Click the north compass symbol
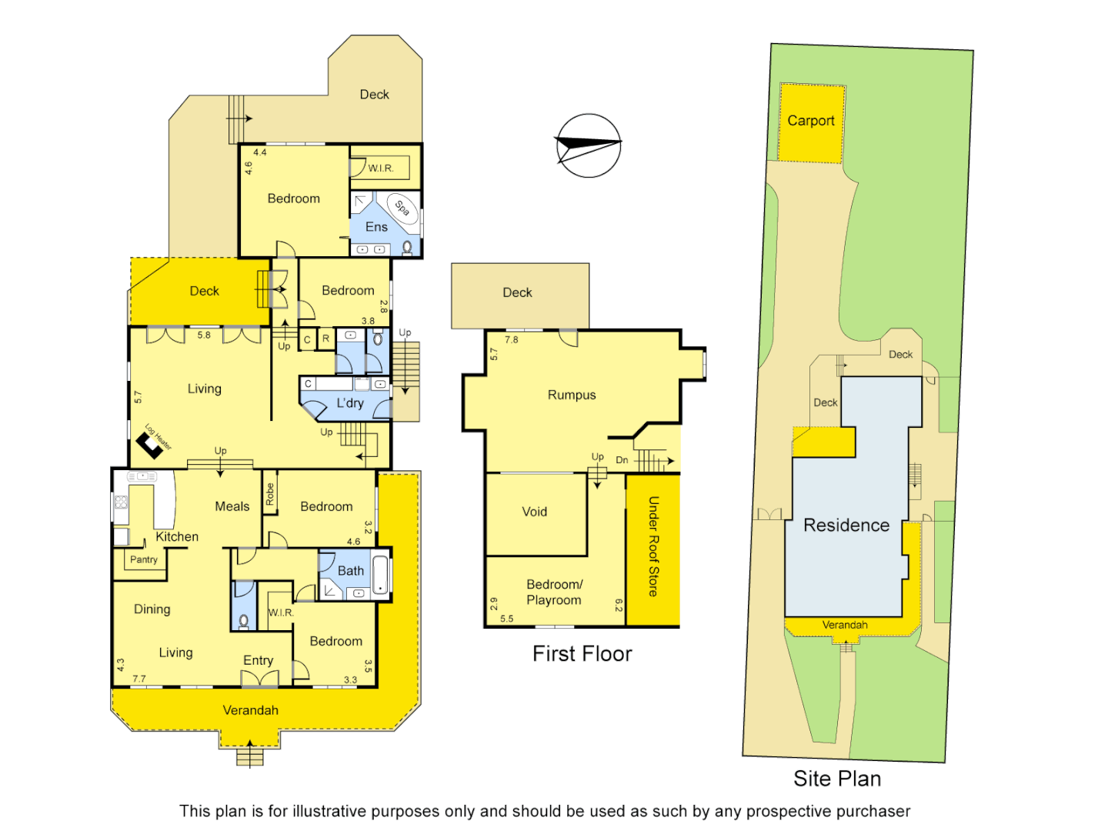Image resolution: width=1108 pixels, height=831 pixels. click(x=589, y=145)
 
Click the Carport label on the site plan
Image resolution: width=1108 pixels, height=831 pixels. click(x=810, y=121)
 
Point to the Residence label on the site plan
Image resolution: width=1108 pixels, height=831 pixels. click(x=846, y=526)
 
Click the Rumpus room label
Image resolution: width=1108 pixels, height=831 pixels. click(x=572, y=395)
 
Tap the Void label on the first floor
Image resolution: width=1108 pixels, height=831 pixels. click(x=535, y=512)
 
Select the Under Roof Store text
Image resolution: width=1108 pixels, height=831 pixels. click(x=653, y=546)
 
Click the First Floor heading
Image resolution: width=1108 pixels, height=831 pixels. click(x=582, y=654)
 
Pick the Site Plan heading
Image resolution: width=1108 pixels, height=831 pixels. click(x=837, y=779)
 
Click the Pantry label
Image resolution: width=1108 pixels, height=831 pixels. click(x=144, y=559)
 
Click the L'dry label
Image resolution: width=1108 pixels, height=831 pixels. click(x=350, y=403)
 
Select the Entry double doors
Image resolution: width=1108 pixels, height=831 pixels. click(x=259, y=679)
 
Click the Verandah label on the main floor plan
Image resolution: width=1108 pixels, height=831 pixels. click(x=251, y=710)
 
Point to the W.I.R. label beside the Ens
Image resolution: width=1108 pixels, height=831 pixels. click(x=380, y=168)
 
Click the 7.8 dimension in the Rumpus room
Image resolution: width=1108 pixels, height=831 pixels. click(x=512, y=339)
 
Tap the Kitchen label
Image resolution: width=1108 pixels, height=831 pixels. click(x=177, y=537)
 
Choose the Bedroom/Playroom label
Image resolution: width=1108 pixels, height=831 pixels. click(x=554, y=592)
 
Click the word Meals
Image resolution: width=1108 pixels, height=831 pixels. click(x=232, y=506)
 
